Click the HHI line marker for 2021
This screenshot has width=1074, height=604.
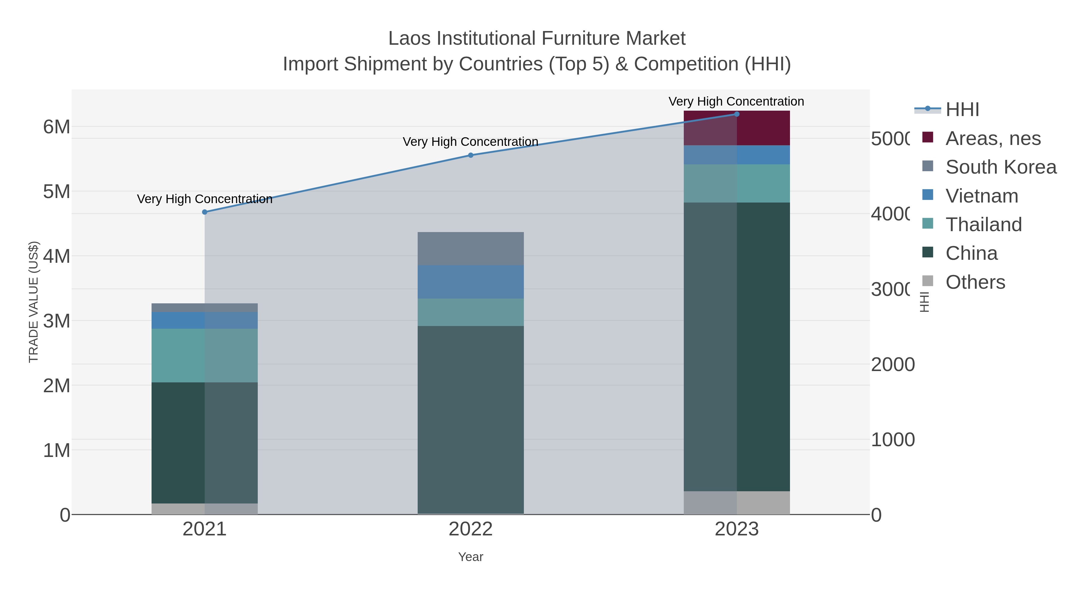click(x=204, y=212)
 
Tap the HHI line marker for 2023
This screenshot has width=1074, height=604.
click(x=736, y=114)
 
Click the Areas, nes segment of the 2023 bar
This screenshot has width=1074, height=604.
click(x=736, y=128)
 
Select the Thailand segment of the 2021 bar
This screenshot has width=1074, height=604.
click(x=204, y=355)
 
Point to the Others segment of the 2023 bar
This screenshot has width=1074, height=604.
click(x=736, y=502)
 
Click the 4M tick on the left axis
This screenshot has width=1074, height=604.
click(x=57, y=256)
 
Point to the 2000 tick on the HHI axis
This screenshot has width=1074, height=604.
click(x=892, y=365)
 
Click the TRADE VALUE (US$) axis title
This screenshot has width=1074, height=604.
click(x=33, y=302)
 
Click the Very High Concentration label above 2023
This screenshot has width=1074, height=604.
click(x=736, y=102)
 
